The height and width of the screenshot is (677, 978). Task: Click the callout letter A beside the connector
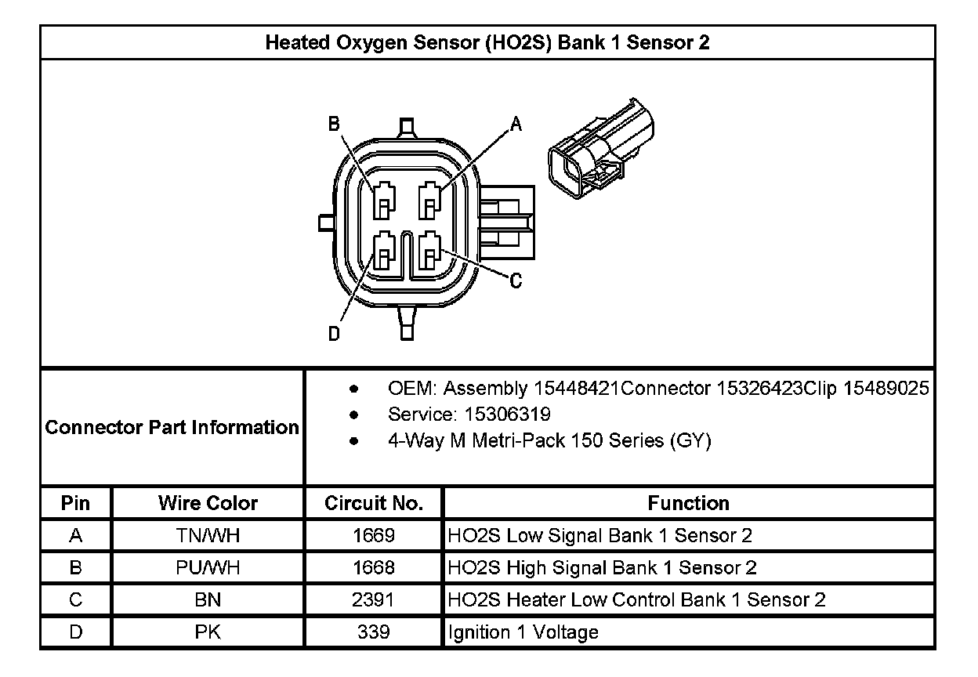click(516, 124)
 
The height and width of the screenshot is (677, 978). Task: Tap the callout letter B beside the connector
click(334, 124)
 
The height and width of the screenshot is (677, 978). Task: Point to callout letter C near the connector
click(516, 281)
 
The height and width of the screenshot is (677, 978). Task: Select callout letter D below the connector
click(334, 335)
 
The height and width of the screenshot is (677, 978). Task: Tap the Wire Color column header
click(208, 503)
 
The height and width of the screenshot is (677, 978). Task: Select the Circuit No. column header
click(374, 503)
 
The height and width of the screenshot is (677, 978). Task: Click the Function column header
click(688, 503)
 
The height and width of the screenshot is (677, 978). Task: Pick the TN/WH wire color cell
click(208, 536)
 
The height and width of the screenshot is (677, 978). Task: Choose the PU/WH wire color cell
click(208, 568)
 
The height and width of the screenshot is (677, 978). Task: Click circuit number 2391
click(374, 600)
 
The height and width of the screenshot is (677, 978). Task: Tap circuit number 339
click(374, 632)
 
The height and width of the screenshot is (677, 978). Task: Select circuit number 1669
click(374, 536)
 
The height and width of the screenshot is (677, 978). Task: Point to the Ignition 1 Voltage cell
click(523, 632)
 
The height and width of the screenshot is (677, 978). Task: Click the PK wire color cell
click(208, 632)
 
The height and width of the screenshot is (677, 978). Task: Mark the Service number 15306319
click(507, 414)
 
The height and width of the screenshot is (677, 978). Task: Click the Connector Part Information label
click(172, 428)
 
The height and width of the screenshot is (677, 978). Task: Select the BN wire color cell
click(208, 600)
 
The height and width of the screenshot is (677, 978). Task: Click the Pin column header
click(75, 503)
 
